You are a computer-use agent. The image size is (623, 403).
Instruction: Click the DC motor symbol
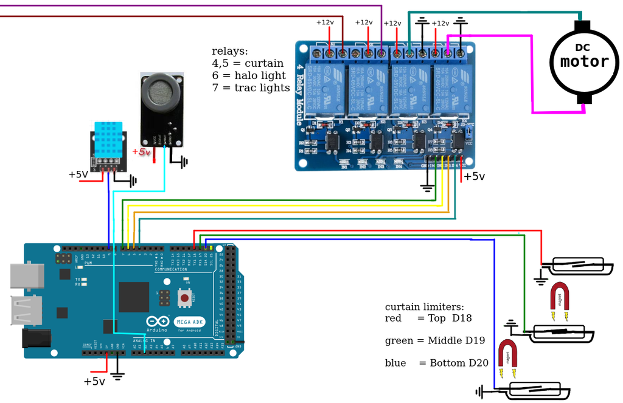(x=583, y=61)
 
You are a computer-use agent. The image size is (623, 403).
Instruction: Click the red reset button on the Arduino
(x=183, y=297)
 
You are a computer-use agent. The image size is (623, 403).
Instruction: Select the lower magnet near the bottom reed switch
(x=507, y=359)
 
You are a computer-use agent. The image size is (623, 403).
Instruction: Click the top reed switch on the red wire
(x=578, y=266)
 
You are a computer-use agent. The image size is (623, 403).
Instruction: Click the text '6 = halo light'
(x=248, y=75)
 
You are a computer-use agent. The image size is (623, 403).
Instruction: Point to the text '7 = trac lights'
(x=251, y=88)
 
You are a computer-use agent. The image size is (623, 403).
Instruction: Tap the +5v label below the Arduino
(x=94, y=382)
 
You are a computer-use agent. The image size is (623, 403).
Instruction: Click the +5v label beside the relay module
(x=475, y=176)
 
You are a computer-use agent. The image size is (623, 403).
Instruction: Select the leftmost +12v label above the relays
(x=325, y=22)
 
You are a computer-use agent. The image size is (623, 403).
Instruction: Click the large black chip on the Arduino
(x=134, y=297)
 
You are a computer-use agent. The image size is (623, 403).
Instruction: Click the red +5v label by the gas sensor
(x=141, y=152)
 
